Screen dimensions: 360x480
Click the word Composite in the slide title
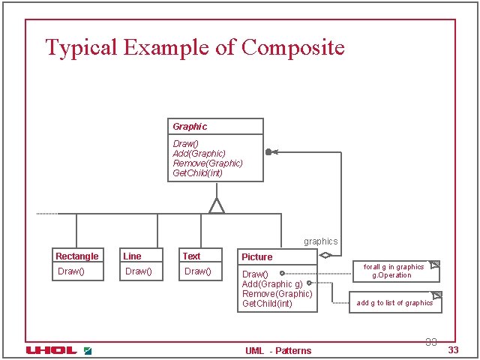293,48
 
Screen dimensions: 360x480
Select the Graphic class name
190,127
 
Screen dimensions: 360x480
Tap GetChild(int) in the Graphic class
197,173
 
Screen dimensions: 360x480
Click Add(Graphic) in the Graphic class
199,153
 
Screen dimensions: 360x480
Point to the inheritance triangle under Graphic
217,205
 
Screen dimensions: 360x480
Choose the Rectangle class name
76,256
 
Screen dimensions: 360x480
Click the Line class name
132,256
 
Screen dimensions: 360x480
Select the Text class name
191,256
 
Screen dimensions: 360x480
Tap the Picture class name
256,257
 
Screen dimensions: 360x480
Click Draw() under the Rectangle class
70,271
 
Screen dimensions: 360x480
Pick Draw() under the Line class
139,271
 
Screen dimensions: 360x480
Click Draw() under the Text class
198,271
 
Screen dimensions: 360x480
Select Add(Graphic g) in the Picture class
272,284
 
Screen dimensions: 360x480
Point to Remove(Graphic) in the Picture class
277,294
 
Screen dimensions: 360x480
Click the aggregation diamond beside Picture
325,255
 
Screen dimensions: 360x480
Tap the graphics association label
320,241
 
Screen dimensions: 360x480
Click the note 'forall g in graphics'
394,271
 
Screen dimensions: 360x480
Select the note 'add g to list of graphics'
394,303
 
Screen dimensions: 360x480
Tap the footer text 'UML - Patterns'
278,350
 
